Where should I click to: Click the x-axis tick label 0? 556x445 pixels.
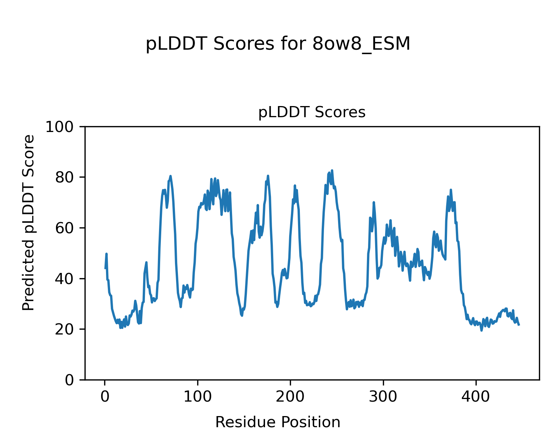click(x=105, y=397)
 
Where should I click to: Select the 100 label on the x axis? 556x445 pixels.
click(x=198, y=397)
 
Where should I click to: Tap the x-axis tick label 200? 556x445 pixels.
click(x=290, y=397)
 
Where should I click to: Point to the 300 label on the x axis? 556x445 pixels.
click(x=383, y=397)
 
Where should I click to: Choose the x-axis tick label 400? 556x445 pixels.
click(x=476, y=397)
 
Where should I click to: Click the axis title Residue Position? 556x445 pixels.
click(x=278, y=422)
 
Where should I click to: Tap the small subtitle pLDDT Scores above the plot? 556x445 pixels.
click(x=312, y=112)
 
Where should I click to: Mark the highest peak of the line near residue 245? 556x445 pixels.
click(x=332, y=170)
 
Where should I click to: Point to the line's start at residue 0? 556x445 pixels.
click(x=105, y=268)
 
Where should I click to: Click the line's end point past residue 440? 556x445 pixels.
click(x=519, y=325)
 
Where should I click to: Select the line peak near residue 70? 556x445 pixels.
click(x=171, y=176)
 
